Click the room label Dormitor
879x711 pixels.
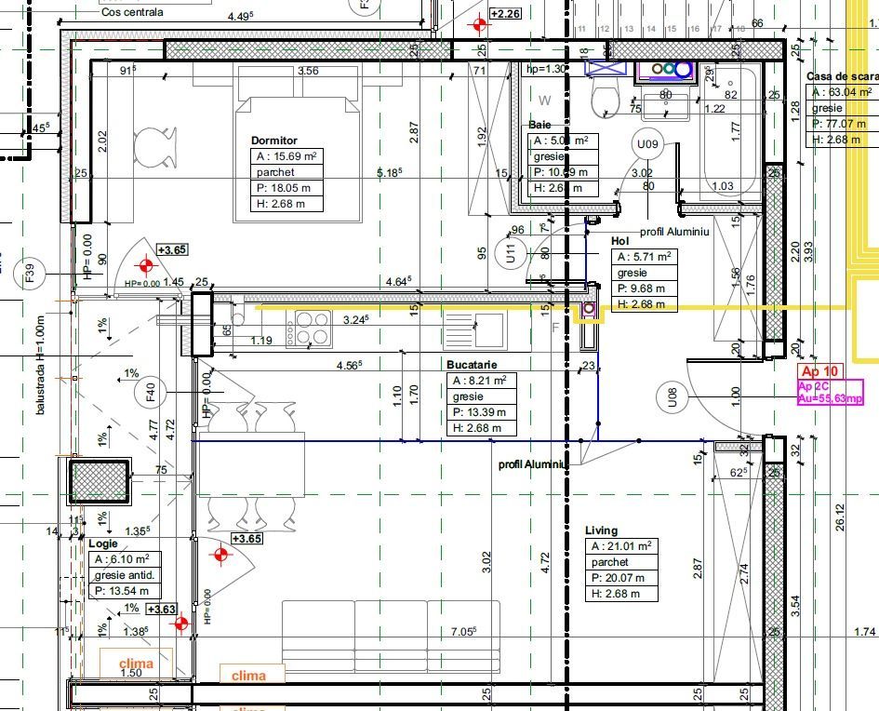click(274, 141)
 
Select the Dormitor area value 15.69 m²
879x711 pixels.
click(288, 156)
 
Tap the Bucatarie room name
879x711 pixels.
click(473, 366)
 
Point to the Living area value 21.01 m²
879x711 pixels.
click(621, 546)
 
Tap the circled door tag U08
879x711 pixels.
click(673, 400)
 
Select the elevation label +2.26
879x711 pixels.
click(506, 14)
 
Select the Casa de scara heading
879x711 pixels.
click(841, 76)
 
